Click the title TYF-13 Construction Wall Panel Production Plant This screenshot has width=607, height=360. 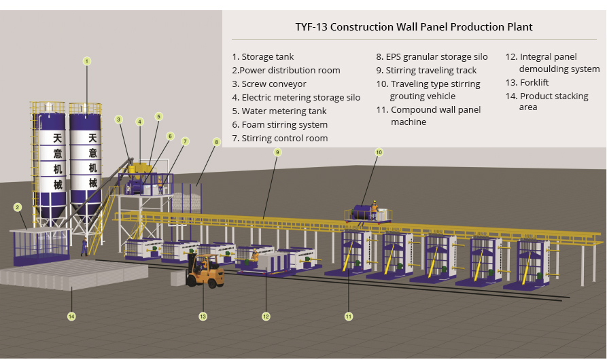(413, 27)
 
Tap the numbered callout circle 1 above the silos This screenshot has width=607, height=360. (87, 61)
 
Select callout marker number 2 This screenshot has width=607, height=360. (18, 206)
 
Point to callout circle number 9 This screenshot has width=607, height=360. (277, 153)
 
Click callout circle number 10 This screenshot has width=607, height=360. (379, 152)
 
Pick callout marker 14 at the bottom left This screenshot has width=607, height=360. (71, 316)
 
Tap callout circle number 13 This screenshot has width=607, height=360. (203, 316)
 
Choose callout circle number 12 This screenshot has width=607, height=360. (266, 316)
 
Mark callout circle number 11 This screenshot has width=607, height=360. (349, 316)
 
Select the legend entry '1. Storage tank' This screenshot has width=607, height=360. (263, 57)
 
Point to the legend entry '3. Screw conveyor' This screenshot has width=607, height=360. (269, 84)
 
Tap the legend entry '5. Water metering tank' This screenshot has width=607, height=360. (279, 111)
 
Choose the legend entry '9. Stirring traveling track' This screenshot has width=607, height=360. (426, 70)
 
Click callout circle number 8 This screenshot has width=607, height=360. (217, 142)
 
